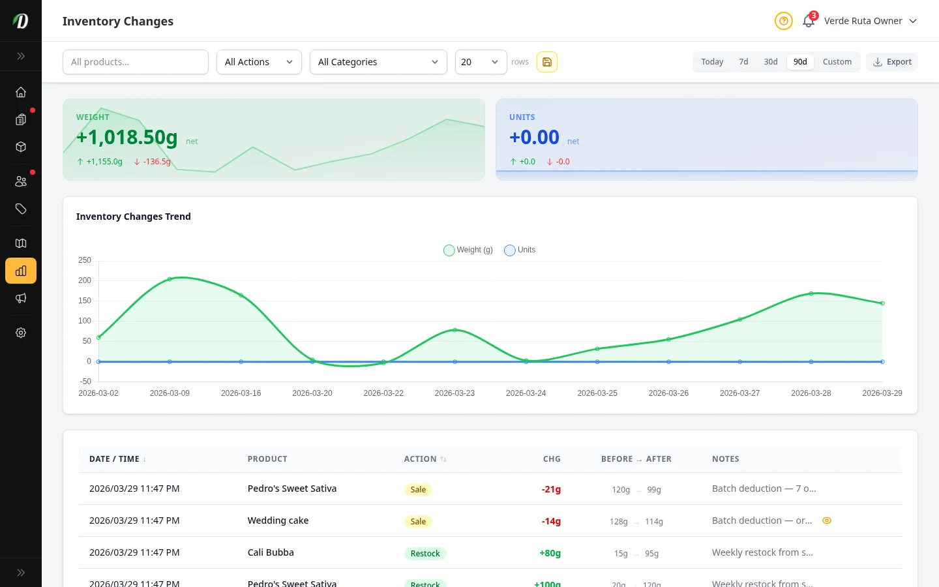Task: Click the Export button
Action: [x=892, y=62]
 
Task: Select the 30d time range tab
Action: [x=771, y=62]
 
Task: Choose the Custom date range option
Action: [x=837, y=62]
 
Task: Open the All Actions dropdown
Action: [x=259, y=62]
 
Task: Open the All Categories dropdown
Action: [x=378, y=62]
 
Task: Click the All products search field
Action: [x=136, y=62]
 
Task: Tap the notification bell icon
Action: [x=809, y=21]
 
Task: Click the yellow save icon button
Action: [x=547, y=62]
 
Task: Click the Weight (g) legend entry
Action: [x=468, y=250]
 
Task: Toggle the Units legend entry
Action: [x=520, y=250]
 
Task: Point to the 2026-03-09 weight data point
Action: [x=170, y=279]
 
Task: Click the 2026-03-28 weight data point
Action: [x=811, y=293]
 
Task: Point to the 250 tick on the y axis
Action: [x=85, y=260]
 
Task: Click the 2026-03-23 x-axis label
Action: [x=455, y=393]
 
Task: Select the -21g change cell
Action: [x=551, y=489]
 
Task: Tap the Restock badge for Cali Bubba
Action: [x=425, y=553]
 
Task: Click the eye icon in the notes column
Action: [x=827, y=520]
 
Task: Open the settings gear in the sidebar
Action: [x=21, y=333]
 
